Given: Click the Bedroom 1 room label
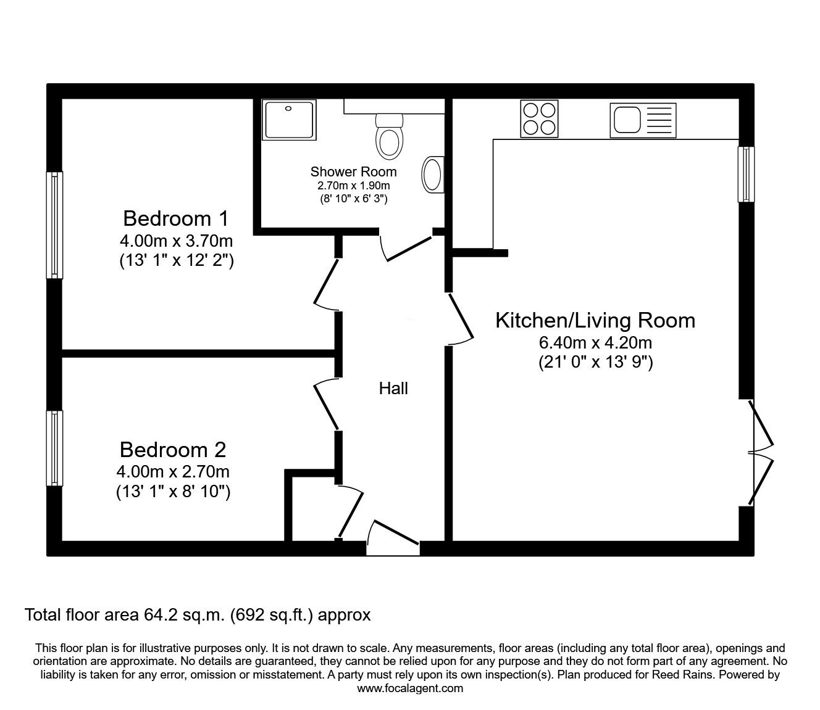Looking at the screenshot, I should point(176,218).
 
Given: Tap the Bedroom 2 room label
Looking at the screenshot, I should point(173,449).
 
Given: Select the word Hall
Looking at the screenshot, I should point(393,388).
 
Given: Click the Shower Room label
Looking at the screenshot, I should point(353,172).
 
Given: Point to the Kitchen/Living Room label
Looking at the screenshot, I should point(595,320).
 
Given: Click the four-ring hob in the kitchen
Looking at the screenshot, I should point(539,118).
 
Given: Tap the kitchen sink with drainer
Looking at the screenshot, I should point(642,120).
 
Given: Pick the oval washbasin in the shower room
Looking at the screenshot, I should point(432,175).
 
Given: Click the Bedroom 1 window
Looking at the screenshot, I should point(55,225).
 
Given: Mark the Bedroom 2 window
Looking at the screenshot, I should point(55,448).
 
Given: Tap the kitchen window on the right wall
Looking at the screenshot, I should point(747,174).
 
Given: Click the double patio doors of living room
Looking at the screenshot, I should point(759,453).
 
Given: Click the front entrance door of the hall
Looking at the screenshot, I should point(393,537).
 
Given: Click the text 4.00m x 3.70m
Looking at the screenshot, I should point(176,241).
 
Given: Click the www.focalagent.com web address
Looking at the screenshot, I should point(410,688).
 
